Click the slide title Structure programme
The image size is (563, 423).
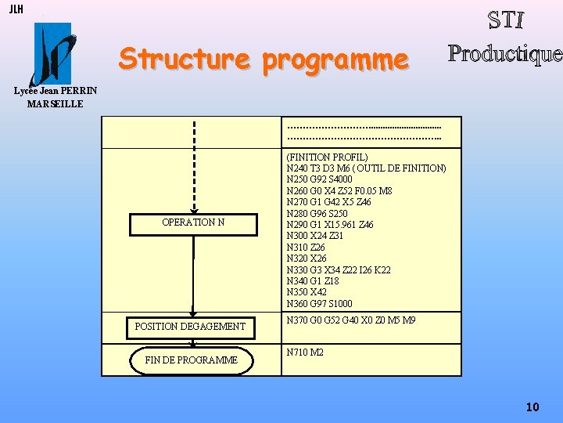(x=264, y=59)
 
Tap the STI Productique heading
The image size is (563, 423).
(x=505, y=37)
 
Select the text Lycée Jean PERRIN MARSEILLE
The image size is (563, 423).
(x=56, y=97)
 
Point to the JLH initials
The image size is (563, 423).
(x=16, y=9)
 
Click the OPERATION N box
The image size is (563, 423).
(x=193, y=222)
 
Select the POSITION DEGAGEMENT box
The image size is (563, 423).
(x=191, y=327)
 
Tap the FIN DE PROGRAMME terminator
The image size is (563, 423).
(x=192, y=360)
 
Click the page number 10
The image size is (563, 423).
(x=533, y=407)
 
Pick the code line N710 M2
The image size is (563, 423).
(x=305, y=352)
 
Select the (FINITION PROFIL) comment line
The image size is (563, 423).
(x=327, y=157)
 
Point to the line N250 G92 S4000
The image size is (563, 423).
(x=319, y=179)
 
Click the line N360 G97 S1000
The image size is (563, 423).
(x=319, y=303)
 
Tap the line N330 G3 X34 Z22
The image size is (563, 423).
(x=339, y=269)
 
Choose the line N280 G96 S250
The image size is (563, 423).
(x=317, y=214)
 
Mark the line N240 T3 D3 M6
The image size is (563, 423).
(x=366, y=168)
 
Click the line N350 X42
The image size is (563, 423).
(x=307, y=292)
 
